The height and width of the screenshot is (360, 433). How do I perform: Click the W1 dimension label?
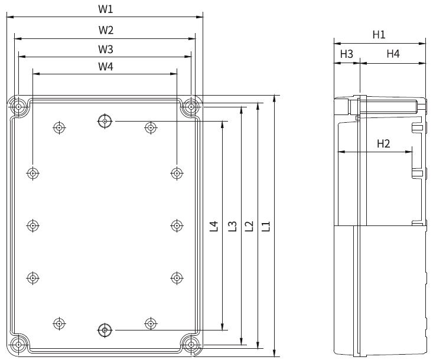pyautogui.click(x=105, y=9)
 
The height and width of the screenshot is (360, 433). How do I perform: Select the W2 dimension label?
pyautogui.click(x=106, y=30)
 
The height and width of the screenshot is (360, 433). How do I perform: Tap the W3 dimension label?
pyautogui.click(x=106, y=48)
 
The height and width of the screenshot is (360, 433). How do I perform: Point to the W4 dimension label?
pyautogui.click(x=106, y=67)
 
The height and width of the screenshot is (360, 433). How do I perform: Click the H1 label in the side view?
pyautogui.click(x=379, y=35)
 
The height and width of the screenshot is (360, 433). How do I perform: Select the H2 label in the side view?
pyautogui.click(x=383, y=143)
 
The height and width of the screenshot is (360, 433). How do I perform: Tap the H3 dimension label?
pyautogui.click(x=346, y=54)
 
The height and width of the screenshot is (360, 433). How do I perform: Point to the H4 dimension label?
pyautogui.click(x=393, y=54)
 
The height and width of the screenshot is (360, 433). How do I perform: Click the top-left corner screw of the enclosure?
pyautogui.click(x=19, y=107)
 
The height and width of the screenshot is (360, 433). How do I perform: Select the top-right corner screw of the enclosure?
pyautogui.click(x=191, y=107)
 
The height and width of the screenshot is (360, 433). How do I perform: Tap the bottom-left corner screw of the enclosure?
pyautogui.click(x=19, y=344)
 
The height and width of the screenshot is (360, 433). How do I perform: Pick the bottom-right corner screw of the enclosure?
pyautogui.click(x=191, y=344)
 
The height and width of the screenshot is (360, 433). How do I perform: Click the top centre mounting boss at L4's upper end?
pyautogui.click(x=105, y=122)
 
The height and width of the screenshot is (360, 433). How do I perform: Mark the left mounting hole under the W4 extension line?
pyautogui.click(x=32, y=173)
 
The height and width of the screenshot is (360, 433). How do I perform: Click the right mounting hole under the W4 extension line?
pyautogui.click(x=177, y=173)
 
